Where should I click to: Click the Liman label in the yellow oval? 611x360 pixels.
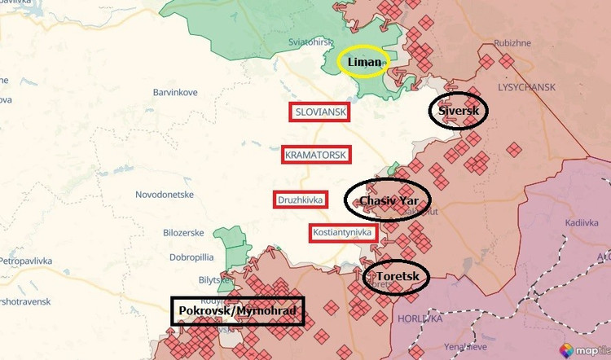click(364, 63)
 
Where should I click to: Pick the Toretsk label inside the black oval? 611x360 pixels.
click(398, 278)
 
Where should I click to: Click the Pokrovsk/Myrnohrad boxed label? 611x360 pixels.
click(238, 311)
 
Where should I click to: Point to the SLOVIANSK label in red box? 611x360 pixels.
click(320, 112)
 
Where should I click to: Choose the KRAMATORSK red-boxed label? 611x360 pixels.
click(315, 155)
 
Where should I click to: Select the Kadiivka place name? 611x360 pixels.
click(559, 221)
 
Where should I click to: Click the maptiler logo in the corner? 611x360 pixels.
click(583, 350)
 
